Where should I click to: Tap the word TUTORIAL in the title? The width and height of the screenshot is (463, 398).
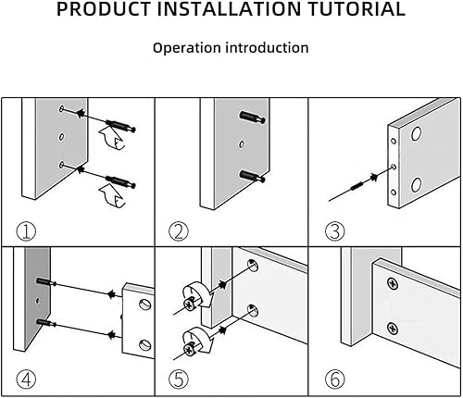click(x=357, y=8)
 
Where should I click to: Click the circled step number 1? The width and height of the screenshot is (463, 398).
click(x=26, y=231)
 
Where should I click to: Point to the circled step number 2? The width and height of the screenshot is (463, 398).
click(x=179, y=231)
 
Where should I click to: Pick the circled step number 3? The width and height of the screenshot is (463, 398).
click(x=335, y=231)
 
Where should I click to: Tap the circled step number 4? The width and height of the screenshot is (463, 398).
click(x=26, y=379)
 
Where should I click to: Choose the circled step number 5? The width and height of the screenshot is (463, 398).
click(x=179, y=379)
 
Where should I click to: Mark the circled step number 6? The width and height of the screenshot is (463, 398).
click(x=335, y=379)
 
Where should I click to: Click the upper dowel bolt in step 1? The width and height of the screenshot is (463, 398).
click(x=120, y=126)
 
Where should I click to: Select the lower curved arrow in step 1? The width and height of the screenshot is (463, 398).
click(x=112, y=196)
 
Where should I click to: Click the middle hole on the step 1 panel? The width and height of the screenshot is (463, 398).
click(x=61, y=137)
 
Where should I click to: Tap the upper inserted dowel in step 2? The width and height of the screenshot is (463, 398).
click(x=252, y=118)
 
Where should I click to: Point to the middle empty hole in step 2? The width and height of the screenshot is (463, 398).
click(x=242, y=144)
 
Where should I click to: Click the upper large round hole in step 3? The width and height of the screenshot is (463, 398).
click(x=416, y=133)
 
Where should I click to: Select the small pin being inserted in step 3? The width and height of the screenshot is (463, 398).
click(x=357, y=186)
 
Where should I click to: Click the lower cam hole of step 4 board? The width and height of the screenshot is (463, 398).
click(x=144, y=344)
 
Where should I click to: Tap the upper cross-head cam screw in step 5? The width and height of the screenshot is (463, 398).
click(x=189, y=305)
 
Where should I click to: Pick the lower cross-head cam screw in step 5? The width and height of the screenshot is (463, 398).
click(x=189, y=349)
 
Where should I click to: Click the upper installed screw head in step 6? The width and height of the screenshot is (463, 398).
click(x=393, y=283)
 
